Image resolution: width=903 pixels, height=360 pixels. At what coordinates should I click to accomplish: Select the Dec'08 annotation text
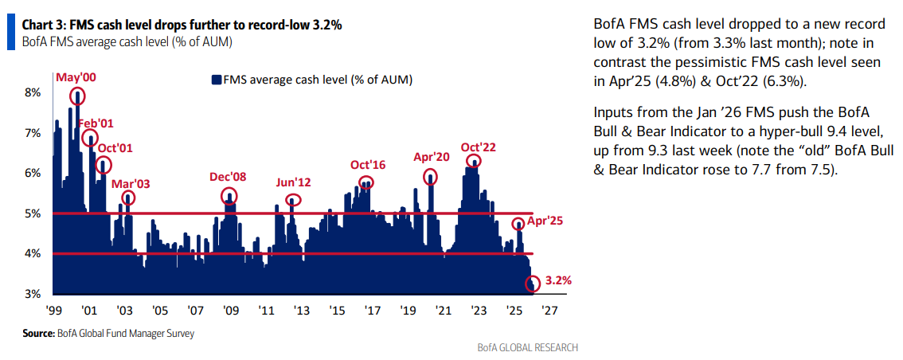[229, 178]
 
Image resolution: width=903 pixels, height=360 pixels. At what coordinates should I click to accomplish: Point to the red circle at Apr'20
[431, 177]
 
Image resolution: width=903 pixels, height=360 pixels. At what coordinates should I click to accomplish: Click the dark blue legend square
[216, 80]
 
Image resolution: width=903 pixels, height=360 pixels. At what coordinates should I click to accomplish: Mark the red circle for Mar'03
[128, 198]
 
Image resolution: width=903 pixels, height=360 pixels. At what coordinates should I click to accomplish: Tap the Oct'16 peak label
[368, 165]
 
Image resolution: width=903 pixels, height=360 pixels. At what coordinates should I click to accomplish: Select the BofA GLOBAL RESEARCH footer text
[527, 348]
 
